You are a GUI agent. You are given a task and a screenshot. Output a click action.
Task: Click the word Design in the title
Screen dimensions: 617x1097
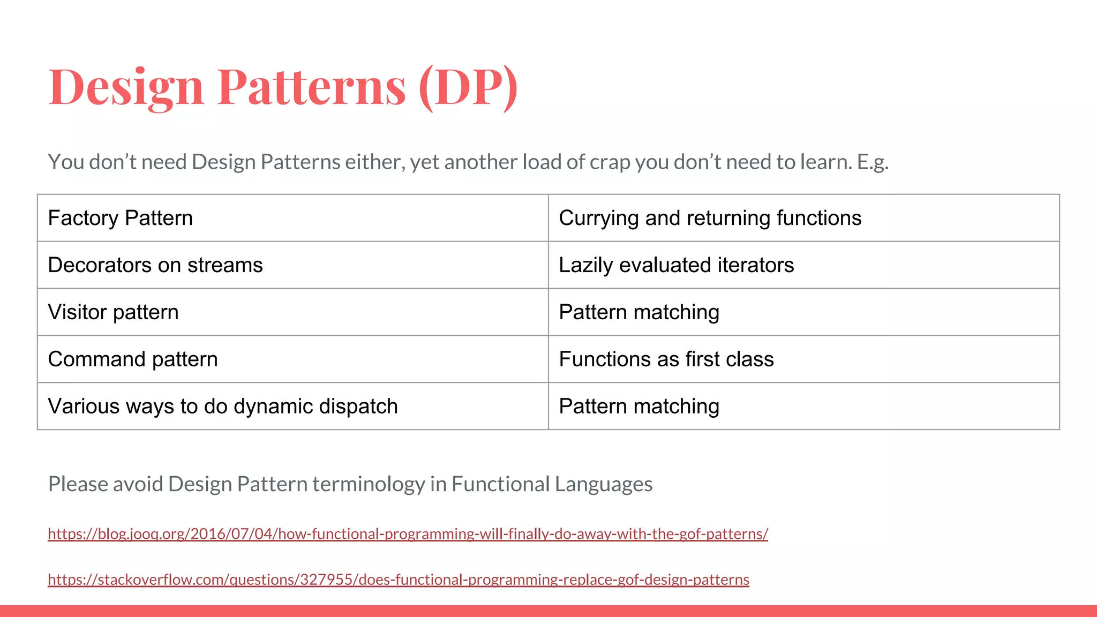click(x=126, y=87)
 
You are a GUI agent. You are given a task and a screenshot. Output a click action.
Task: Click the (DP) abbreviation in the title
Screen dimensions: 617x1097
click(x=468, y=87)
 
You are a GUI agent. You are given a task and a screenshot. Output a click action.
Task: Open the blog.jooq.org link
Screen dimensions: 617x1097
click(x=408, y=534)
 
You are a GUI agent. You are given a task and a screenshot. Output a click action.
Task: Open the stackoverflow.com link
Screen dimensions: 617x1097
click(x=398, y=580)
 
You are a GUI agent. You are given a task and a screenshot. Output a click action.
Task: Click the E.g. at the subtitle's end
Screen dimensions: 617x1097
click(x=873, y=162)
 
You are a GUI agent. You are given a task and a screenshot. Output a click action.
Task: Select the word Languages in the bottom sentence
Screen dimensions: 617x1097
click(x=603, y=484)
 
